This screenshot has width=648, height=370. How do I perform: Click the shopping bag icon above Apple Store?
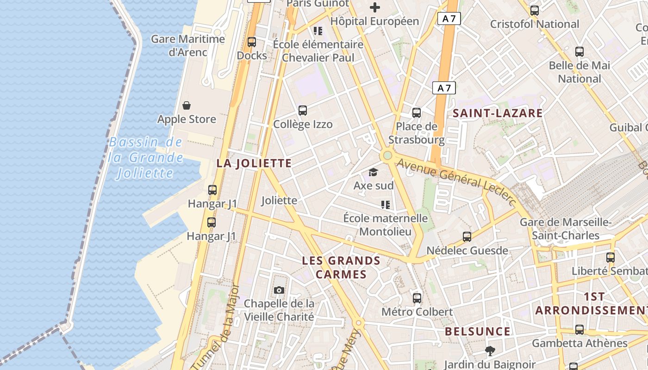pos(187,106)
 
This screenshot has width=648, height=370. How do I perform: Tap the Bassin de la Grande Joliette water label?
pos(146,158)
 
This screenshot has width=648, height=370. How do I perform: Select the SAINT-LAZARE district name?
pos(498,113)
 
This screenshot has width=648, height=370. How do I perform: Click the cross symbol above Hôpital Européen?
pos(375,7)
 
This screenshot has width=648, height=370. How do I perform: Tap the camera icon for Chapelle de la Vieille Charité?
pos(279,290)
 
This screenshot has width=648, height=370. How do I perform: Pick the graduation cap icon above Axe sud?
pos(373,173)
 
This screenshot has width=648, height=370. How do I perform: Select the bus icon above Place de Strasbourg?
pos(417,112)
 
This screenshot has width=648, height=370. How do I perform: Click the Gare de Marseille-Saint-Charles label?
pos(566,229)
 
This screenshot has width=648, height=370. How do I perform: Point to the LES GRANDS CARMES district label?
pos(341,267)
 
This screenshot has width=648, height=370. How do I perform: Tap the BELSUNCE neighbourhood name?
pos(478,332)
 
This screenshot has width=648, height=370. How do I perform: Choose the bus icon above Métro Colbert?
pos(417,298)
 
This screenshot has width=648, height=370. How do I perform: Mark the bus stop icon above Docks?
pos(252,42)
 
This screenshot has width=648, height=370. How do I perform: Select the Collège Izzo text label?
pos(303,124)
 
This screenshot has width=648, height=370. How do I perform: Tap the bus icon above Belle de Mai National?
pos(579,52)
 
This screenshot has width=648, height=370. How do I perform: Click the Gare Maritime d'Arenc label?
pos(188,45)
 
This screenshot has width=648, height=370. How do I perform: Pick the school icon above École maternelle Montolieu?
pos(385,204)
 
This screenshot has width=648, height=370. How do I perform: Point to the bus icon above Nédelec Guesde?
pos(467,237)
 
